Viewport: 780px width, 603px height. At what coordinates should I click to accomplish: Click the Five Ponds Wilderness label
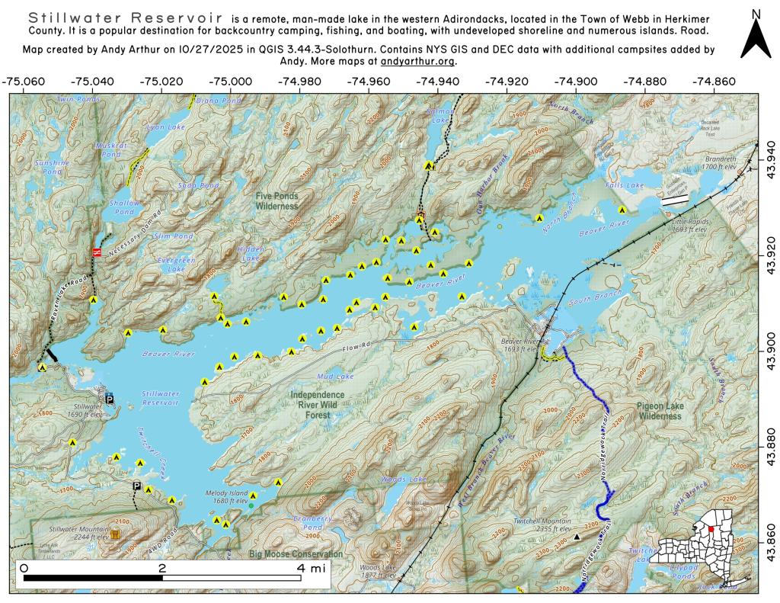(277, 201)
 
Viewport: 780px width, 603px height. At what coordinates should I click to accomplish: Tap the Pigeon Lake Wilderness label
(660, 411)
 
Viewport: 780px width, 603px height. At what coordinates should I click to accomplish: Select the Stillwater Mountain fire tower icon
(115, 535)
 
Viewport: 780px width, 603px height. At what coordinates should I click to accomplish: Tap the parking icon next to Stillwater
(110, 399)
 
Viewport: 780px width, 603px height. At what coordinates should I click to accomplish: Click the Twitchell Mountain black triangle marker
(577, 537)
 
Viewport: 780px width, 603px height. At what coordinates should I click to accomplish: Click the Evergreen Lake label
(171, 265)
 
